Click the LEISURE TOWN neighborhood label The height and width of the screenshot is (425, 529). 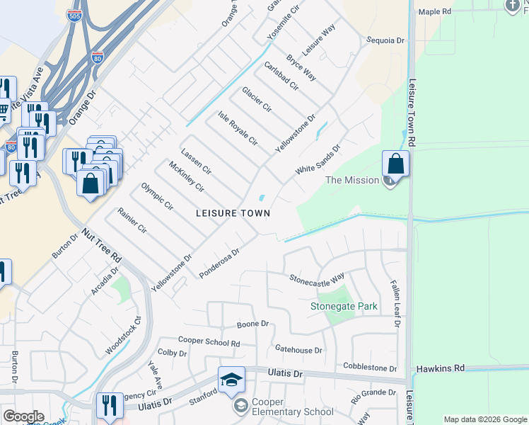233,212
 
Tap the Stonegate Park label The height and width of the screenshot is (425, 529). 344,307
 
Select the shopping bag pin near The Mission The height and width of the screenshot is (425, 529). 396,165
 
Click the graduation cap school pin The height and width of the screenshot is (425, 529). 231,380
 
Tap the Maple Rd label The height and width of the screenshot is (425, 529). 434,11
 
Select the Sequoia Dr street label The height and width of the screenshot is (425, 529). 385,41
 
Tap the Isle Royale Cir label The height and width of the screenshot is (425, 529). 238,128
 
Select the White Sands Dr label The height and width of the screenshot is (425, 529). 318,159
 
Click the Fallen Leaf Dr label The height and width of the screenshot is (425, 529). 396,303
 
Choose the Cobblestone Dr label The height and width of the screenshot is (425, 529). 370,368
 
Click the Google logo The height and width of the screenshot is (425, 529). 23,416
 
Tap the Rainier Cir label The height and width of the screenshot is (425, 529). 132,221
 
